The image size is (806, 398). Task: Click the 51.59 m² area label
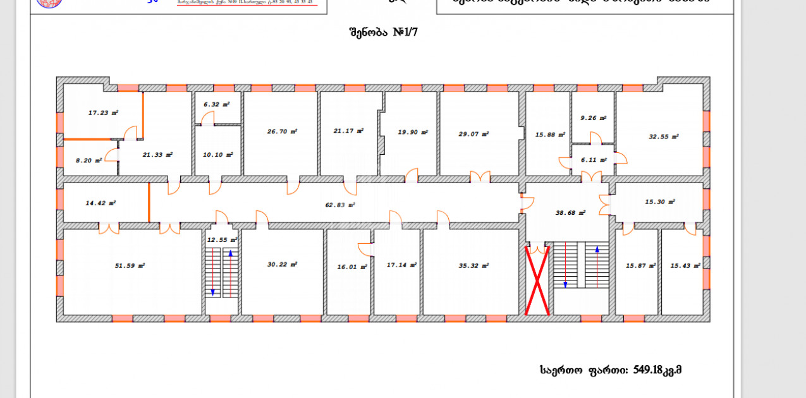pos(130,266)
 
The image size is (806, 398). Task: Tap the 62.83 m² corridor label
pos(339,205)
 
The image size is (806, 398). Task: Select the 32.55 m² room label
pos(664,136)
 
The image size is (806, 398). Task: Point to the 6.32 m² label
pos(216,105)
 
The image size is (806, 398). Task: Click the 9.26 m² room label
pos(593,118)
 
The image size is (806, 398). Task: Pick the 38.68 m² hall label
pos(570,213)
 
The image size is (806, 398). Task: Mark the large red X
pos(537,280)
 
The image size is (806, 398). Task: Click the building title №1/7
pos(383,32)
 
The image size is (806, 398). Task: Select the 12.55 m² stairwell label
pos(222,240)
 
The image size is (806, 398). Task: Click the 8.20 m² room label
pos(89,160)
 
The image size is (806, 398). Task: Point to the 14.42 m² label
pos(101,203)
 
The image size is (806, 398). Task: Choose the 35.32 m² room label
pos(473,266)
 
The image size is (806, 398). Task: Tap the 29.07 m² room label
pos(473,134)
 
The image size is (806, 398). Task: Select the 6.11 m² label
pos(592,160)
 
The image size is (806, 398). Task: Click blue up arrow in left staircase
pos(231,272)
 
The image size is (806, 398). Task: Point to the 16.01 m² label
pos(352,267)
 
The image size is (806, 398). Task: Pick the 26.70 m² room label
pos(282,131)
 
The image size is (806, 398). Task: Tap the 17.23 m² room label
pos(103,113)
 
